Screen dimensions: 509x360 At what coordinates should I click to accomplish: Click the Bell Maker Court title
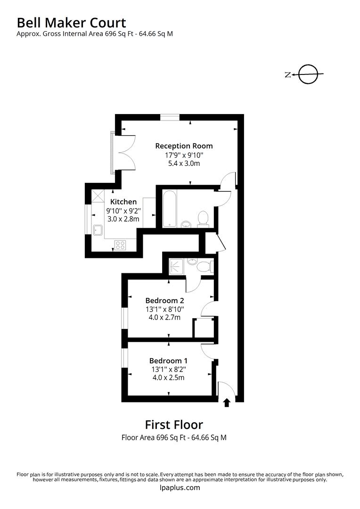click(72, 22)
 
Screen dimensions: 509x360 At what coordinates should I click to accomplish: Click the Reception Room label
click(184, 146)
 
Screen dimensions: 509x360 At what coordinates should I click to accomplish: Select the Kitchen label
click(123, 202)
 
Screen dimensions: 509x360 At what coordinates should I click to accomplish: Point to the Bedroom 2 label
click(164, 300)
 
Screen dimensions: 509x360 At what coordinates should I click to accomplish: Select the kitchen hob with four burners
click(120, 245)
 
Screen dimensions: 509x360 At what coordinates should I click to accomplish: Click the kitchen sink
click(98, 230)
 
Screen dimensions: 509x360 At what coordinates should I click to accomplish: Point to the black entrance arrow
click(227, 402)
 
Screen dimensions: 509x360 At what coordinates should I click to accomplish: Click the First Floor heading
click(174, 425)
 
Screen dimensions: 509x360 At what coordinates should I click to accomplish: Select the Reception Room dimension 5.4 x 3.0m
click(184, 164)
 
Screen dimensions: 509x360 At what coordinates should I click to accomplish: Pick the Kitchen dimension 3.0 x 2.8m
click(123, 219)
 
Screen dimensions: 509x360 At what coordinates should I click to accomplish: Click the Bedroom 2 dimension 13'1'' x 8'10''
click(164, 309)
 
